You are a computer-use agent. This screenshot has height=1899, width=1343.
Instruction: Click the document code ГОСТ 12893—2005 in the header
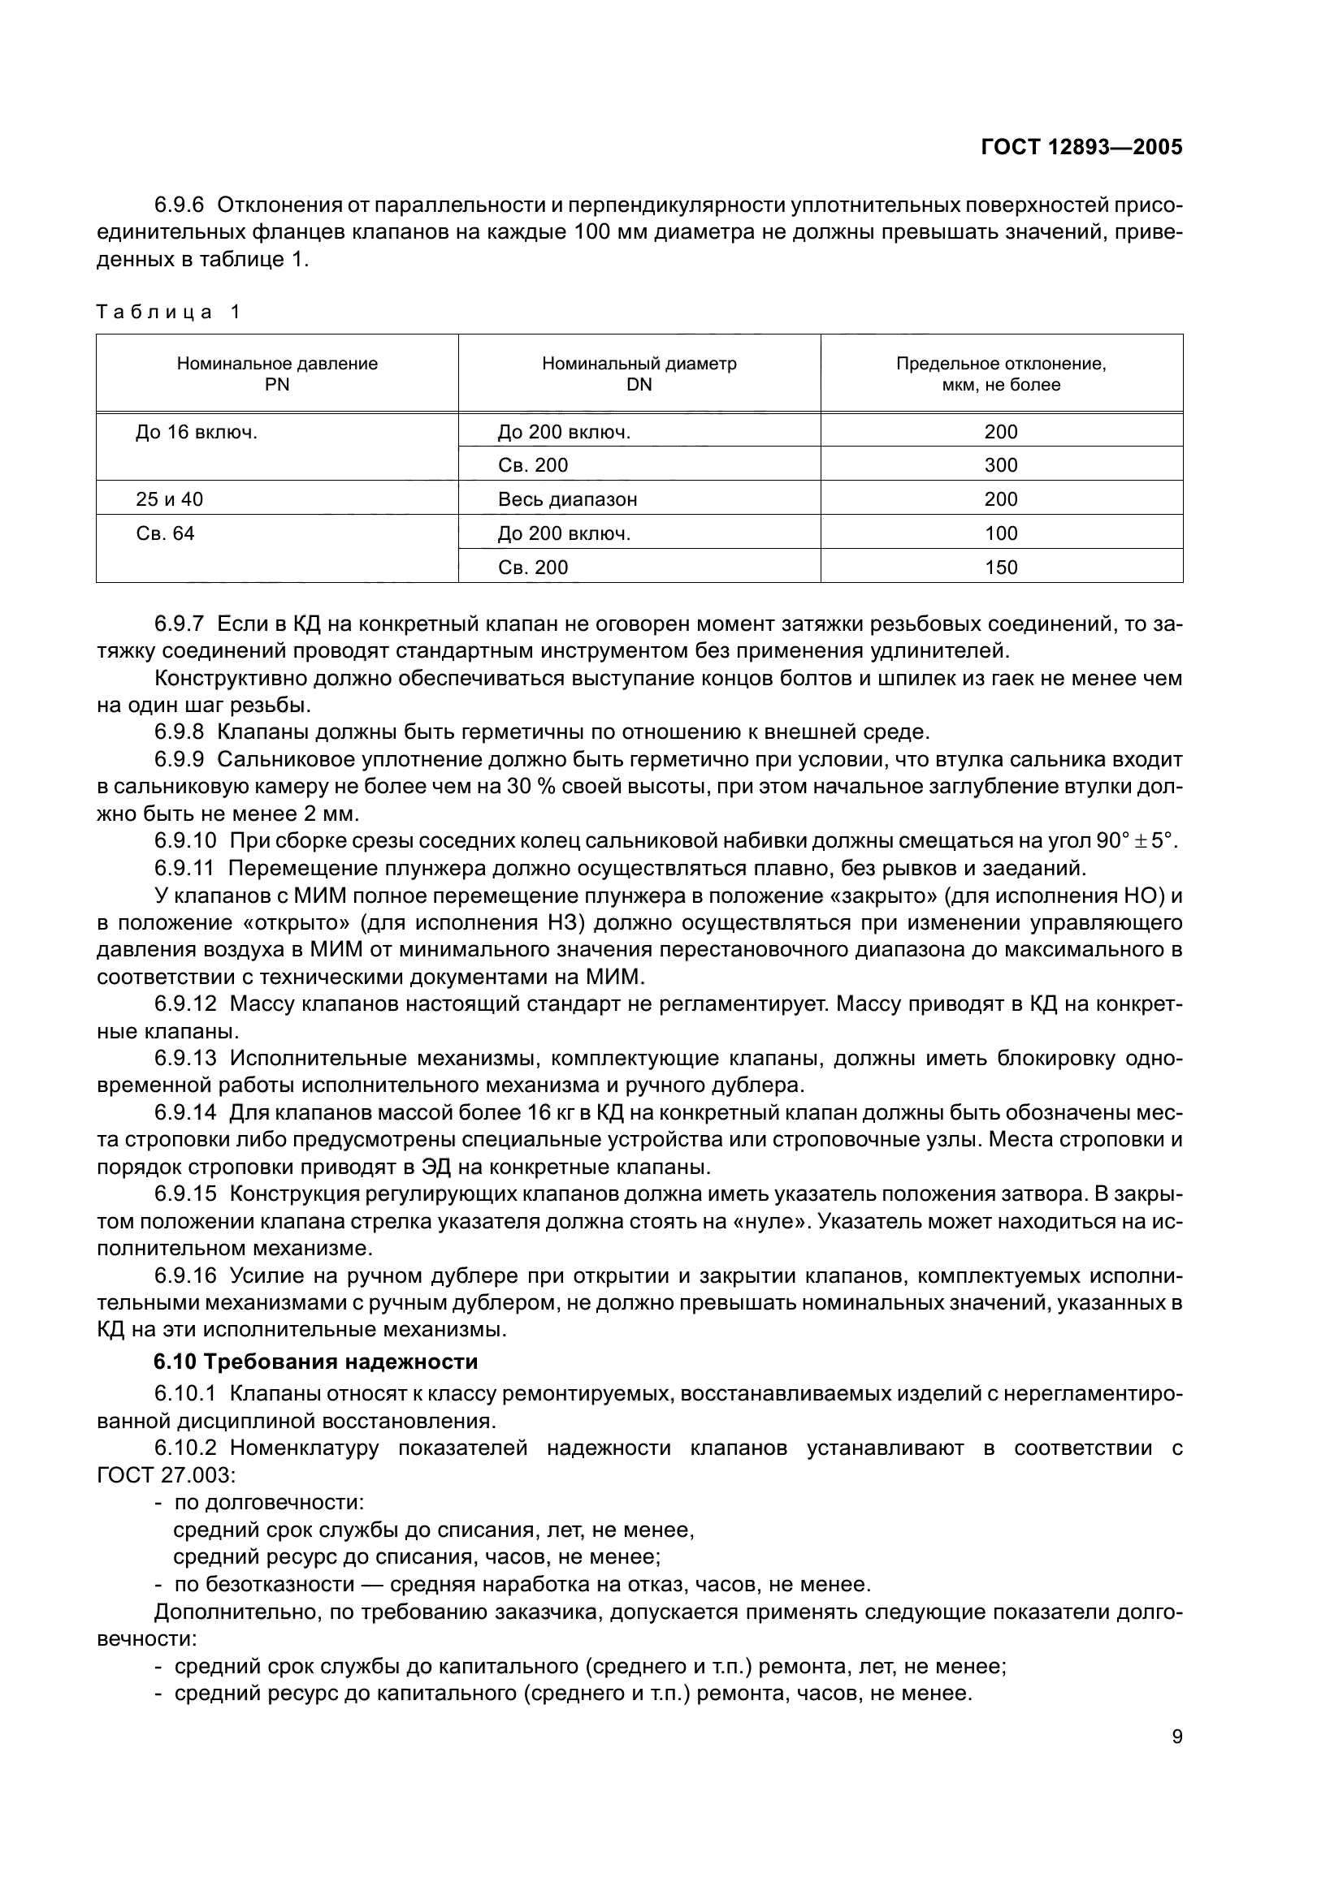click(1081, 147)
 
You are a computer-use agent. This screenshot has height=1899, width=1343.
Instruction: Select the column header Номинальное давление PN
click(277, 373)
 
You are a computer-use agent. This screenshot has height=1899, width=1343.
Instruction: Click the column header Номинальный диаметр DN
click(639, 373)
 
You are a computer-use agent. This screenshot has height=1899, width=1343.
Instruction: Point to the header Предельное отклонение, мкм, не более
click(1000, 373)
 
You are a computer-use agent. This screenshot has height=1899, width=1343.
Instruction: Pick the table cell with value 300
click(1000, 465)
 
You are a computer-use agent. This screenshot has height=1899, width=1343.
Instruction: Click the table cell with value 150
click(1000, 568)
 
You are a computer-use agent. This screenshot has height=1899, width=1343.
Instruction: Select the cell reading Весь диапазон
click(567, 499)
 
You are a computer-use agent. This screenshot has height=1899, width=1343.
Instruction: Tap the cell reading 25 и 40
click(170, 499)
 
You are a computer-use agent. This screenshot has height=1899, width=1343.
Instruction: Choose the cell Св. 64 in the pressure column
click(166, 533)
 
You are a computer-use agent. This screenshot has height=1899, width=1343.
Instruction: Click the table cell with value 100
click(1000, 533)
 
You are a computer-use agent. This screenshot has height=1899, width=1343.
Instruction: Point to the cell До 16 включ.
click(196, 432)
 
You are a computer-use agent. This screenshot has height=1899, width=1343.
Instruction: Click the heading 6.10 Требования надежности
click(316, 1362)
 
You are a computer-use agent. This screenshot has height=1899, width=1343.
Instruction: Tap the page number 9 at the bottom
click(1176, 1737)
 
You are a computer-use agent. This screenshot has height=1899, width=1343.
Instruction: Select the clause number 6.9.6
click(179, 205)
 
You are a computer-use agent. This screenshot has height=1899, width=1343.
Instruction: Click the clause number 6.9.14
click(185, 1112)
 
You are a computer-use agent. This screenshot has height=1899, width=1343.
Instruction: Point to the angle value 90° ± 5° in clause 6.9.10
click(1134, 841)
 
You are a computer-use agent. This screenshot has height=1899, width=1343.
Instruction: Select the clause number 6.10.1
click(184, 1394)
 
